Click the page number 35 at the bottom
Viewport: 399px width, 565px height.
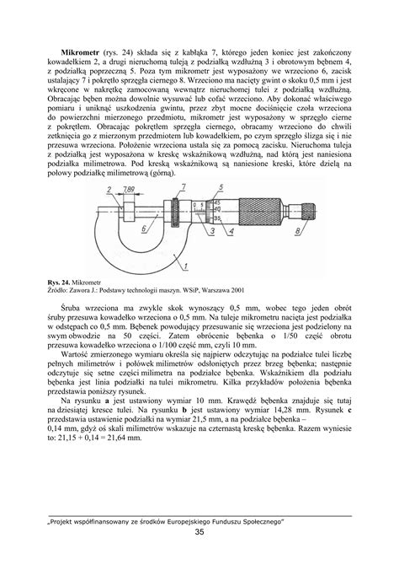click(x=199, y=533)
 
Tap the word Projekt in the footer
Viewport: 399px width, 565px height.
click(x=68, y=521)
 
